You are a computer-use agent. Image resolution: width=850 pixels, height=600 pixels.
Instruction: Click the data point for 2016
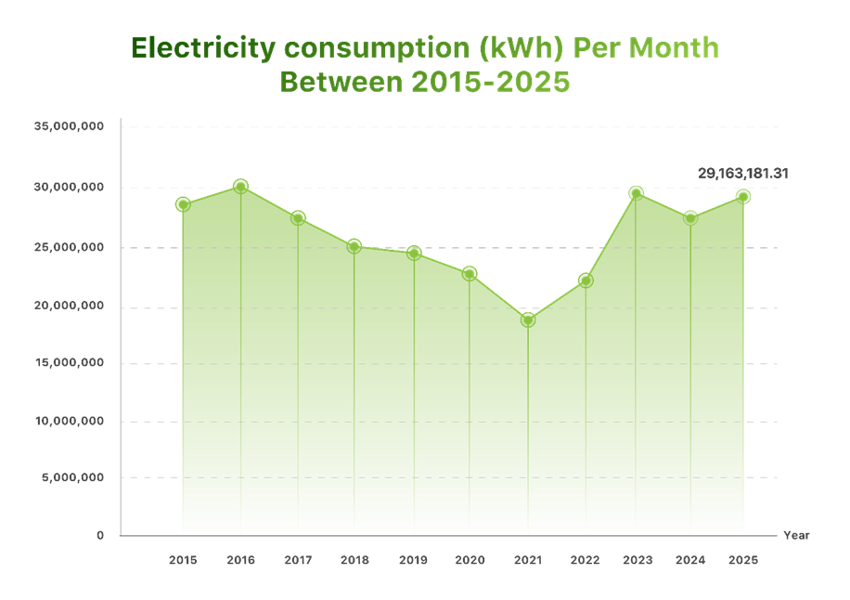(240, 186)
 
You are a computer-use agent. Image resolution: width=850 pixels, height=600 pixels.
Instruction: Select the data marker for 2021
(527, 319)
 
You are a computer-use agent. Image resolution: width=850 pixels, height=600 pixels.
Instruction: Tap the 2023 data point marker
(636, 192)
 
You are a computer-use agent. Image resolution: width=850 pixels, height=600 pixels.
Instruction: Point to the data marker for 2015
(183, 204)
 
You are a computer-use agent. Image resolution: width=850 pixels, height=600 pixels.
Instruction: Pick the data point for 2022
(585, 279)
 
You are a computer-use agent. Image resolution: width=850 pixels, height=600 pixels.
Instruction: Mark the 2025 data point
(743, 196)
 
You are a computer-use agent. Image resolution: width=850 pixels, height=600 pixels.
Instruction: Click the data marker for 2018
(354, 245)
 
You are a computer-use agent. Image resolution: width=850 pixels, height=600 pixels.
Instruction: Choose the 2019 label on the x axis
(413, 561)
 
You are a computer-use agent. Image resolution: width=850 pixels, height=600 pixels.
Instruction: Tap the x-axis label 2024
(690, 561)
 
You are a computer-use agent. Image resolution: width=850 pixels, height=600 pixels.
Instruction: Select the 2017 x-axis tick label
(298, 561)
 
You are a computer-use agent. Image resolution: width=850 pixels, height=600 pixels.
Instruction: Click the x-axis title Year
(796, 536)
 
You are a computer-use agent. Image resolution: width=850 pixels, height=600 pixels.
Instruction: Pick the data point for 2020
(470, 273)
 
